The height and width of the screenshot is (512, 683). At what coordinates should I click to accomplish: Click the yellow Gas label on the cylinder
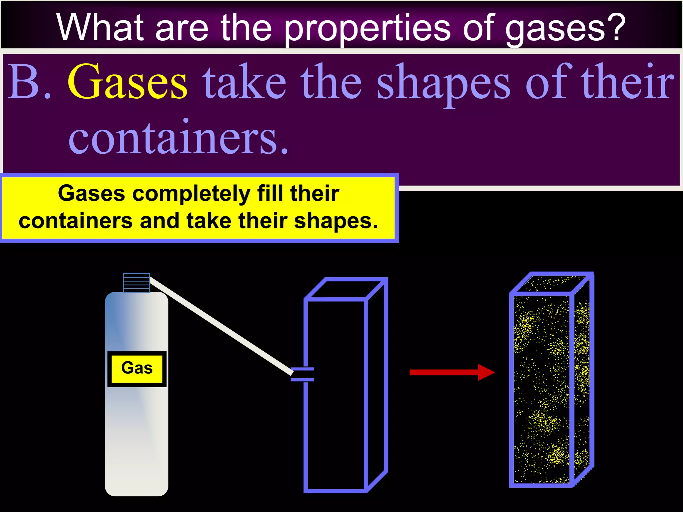pos(137,369)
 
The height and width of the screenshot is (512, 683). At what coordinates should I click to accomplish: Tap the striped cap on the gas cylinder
pos(136,282)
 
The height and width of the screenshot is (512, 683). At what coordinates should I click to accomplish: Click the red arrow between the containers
pos(452,372)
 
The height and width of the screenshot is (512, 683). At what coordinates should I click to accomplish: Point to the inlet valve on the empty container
pos(302,374)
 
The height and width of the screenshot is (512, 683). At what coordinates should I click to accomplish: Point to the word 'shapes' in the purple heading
pos(444,83)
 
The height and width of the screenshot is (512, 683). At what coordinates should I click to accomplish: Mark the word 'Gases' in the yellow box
pos(91,193)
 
